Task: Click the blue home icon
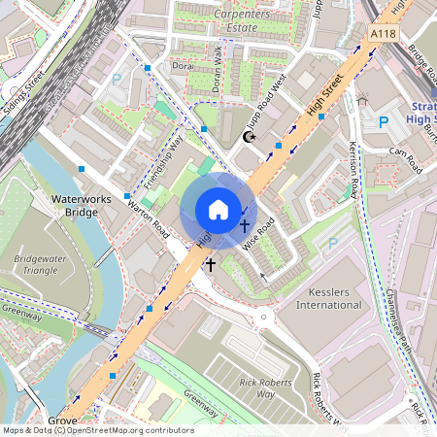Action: pos(218,210)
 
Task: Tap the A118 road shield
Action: pos(384,34)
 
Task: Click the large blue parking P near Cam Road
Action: pos(384,122)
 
